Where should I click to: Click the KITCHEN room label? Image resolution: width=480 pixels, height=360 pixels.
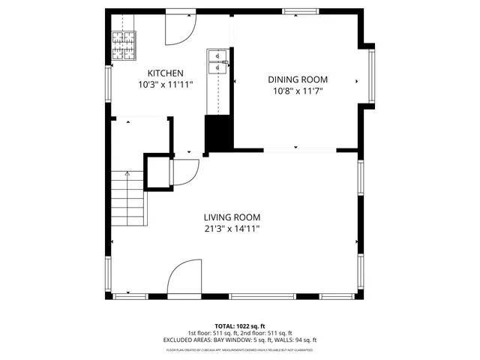(x=165, y=73)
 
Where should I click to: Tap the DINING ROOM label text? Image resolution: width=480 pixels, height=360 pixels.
(x=298, y=79)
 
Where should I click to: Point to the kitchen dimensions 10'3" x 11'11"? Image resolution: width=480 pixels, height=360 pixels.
(x=165, y=85)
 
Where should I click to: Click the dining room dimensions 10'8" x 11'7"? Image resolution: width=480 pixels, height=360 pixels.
(x=298, y=91)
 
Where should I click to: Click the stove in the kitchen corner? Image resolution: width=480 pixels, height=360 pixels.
(x=125, y=46)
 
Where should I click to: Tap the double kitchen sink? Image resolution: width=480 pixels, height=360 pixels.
(x=217, y=61)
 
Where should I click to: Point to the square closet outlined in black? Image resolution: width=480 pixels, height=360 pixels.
(x=157, y=172)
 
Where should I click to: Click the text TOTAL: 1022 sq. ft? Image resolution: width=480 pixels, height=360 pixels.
(x=240, y=326)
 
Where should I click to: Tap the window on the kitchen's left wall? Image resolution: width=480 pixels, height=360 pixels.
(x=108, y=86)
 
